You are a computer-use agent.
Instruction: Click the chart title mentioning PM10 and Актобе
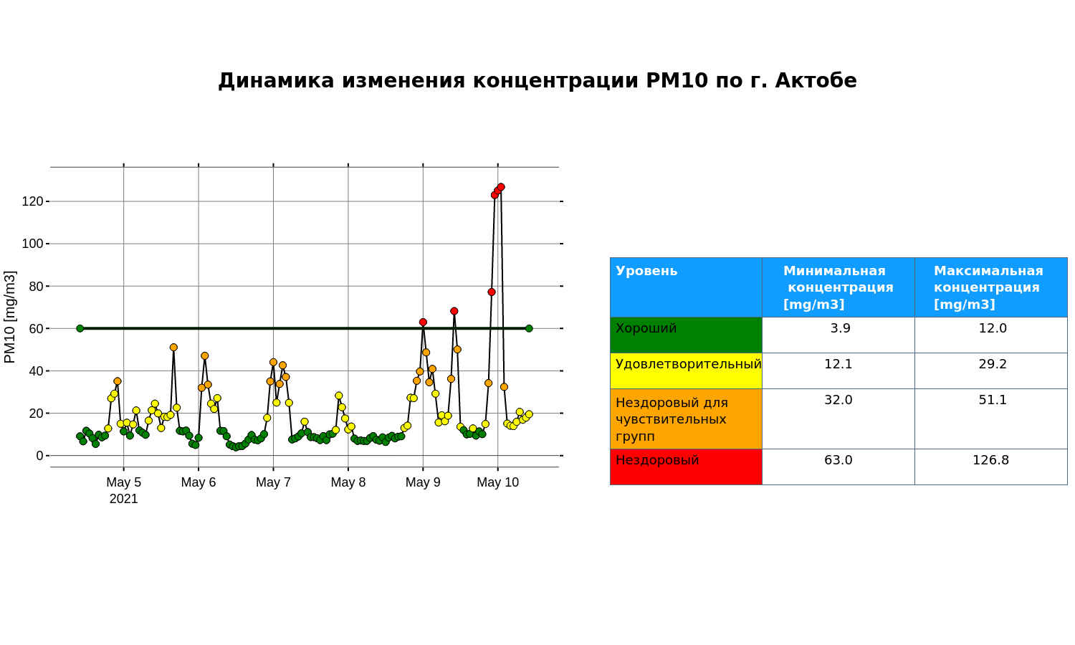[537, 80]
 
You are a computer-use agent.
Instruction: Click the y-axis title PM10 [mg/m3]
[10, 317]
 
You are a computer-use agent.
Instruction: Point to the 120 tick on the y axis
[33, 201]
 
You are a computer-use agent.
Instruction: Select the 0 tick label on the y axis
[40, 455]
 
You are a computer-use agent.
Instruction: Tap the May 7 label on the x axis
[274, 482]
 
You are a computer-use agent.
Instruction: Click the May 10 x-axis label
[497, 482]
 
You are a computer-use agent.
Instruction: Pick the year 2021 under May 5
[124, 499]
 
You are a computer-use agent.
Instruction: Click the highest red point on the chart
[501, 187]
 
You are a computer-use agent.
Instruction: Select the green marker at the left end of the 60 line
[80, 329]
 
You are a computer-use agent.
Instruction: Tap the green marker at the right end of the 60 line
[529, 329]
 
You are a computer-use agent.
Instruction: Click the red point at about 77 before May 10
[492, 292]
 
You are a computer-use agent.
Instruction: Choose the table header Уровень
[646, 271]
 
